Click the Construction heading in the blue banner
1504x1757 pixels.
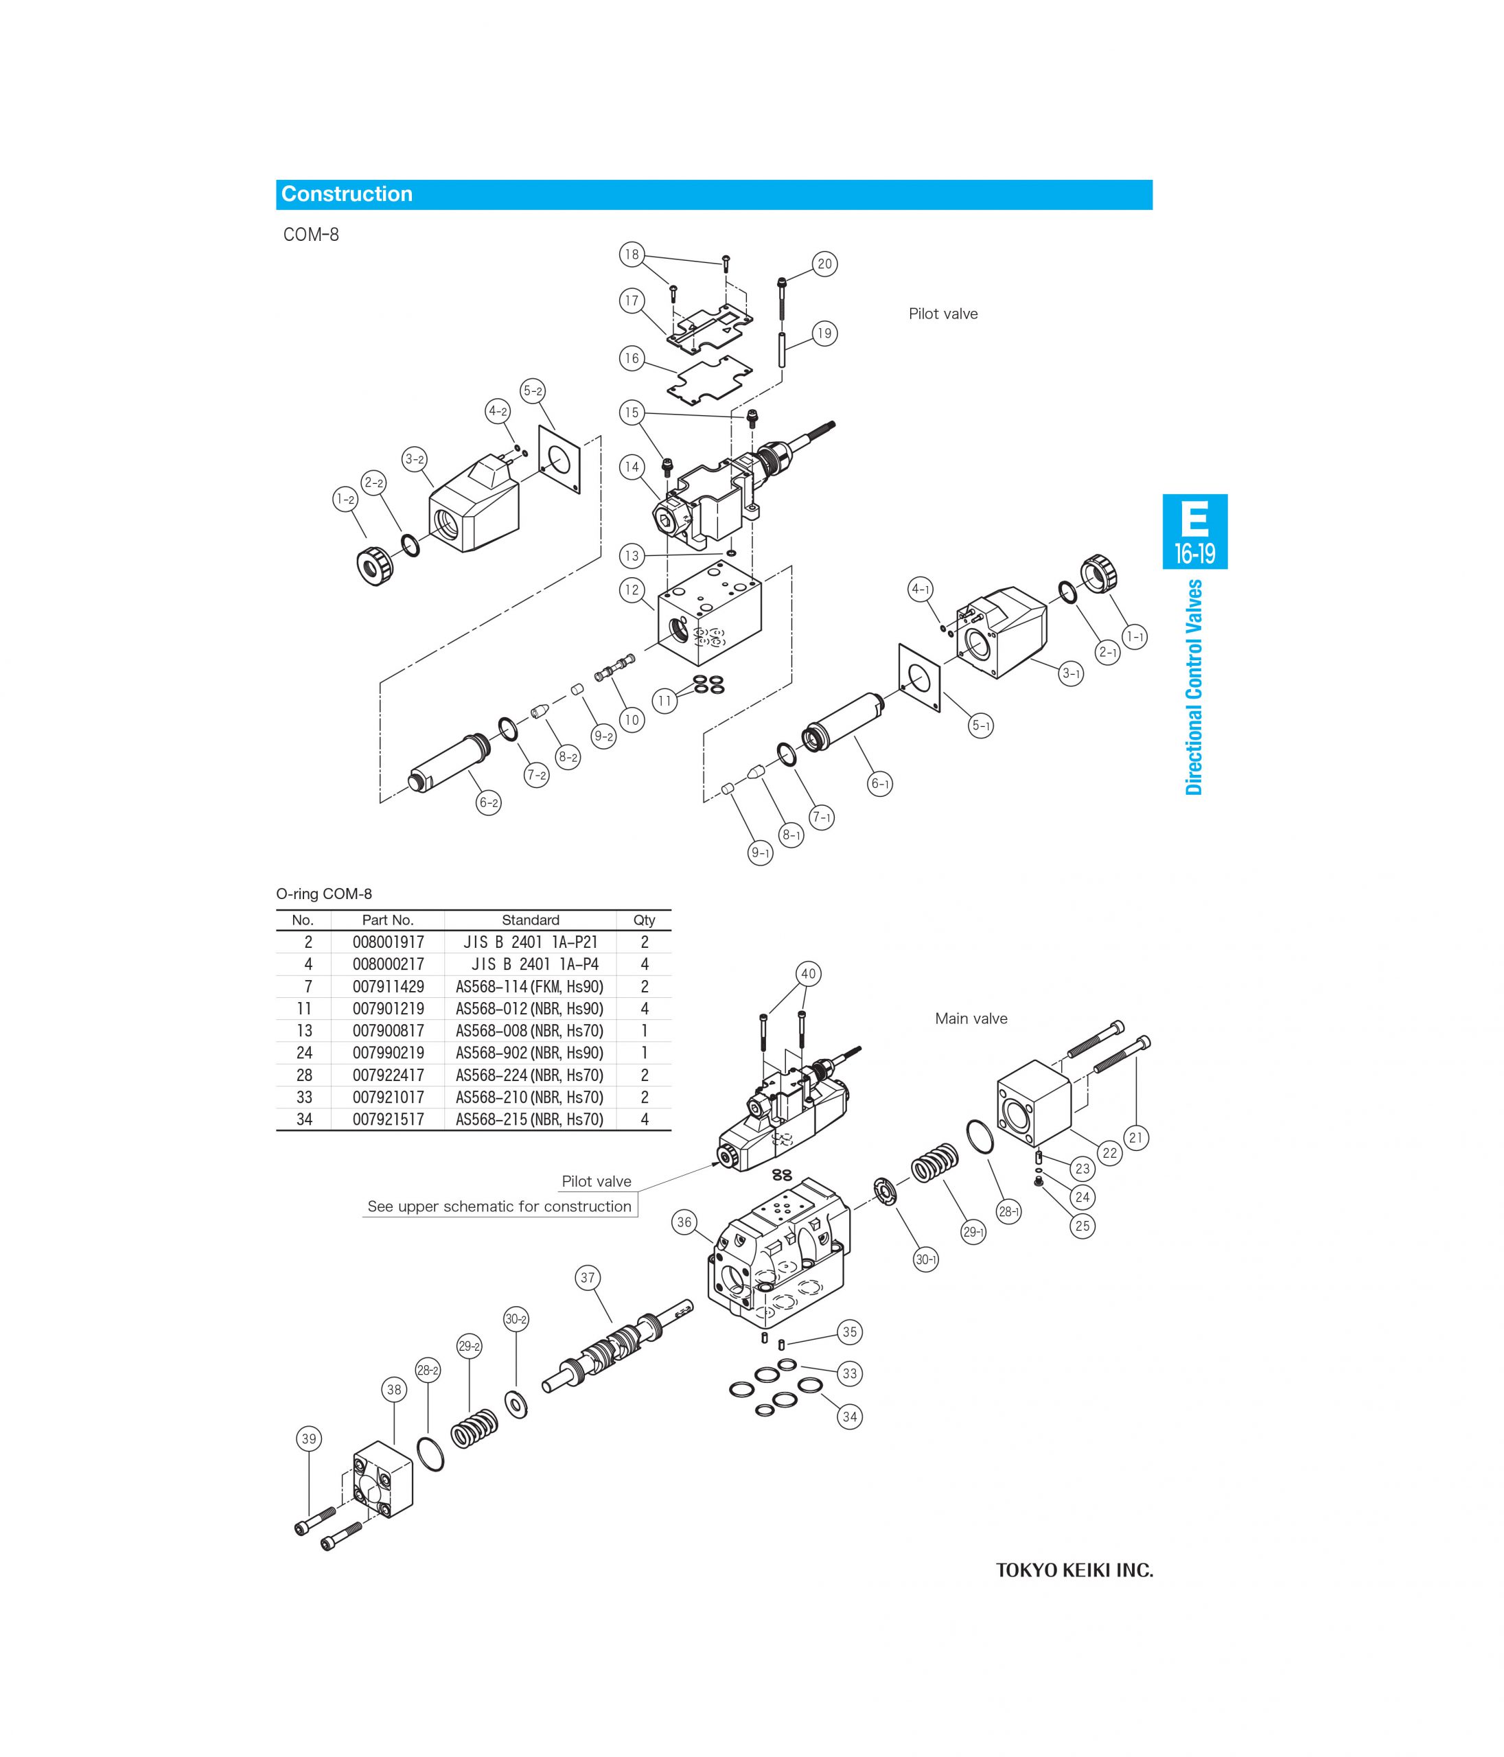pyautogui.click(x=346, y=194)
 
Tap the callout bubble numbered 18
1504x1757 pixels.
pyautogui.click(x=631, y=255)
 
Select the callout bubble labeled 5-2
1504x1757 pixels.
pyautogui.click(x=533, y=391)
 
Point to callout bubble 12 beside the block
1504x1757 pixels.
pyautogui.click(x=631, y=590)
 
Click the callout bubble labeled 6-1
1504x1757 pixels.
pyautogui.click(x=879, y=784)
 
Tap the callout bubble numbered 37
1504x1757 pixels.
pyautogui.click(x=588, y=1277)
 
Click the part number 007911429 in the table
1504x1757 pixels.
pyautogui.click(x=388, y=986)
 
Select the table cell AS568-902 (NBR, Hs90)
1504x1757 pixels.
pyautogui.click(x=529, y=1052)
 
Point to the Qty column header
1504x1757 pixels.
pyautogui.click(x=644, y=920)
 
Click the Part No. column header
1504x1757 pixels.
pyautogui.click(x=388, y=920)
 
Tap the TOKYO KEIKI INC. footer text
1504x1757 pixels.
pyautogui.click(x=1074, y=1570)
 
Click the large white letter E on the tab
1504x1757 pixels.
pyautogui.click(x=1194, y=518)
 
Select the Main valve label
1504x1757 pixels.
pyautogui.click(x=971, y=1019)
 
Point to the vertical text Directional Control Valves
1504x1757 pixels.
pyautogui.click(x=1194, y=687)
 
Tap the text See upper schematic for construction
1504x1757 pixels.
pyautogui.click(x=499, y=1206)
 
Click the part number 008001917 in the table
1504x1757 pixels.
pyautogui.click(x=388, y=942)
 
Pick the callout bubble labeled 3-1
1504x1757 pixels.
pyautogui.click(x=1071, y=674)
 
